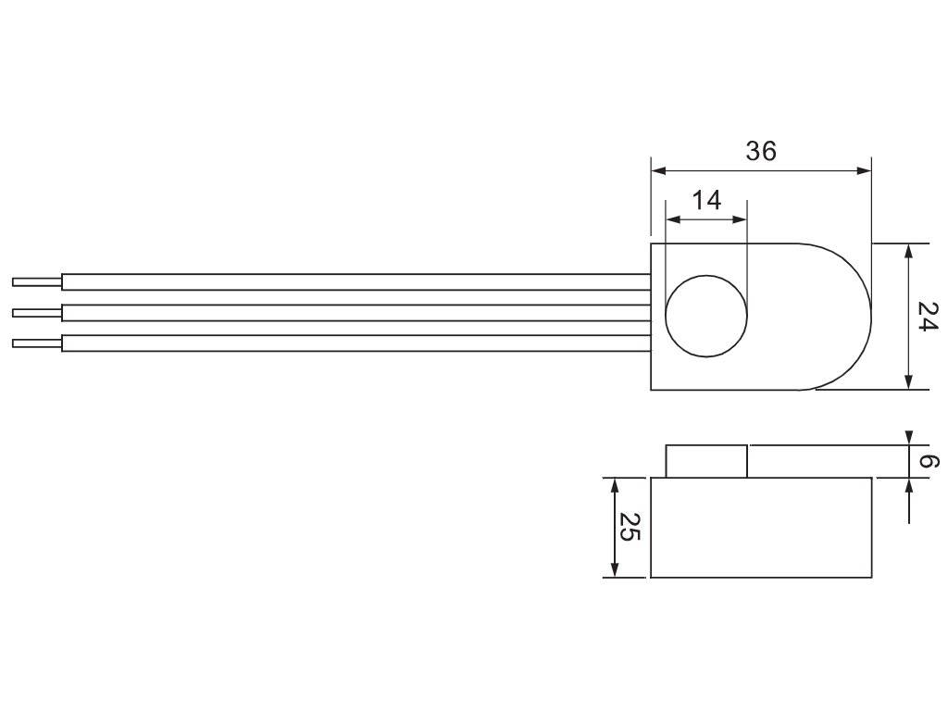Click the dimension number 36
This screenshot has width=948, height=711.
tap(761, 151)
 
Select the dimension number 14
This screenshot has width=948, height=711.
tap(706, 200)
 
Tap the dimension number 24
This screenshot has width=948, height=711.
tap(928, 317)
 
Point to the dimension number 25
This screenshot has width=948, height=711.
tap(630, 527)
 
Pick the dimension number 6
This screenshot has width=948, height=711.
tap(929, 462)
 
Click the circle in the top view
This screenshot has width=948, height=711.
tap(667, 316)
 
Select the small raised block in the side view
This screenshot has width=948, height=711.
tap(706, 461)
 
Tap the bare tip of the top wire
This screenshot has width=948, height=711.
tap(37, 281)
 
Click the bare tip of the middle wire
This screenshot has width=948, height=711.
tap(37, 313)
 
